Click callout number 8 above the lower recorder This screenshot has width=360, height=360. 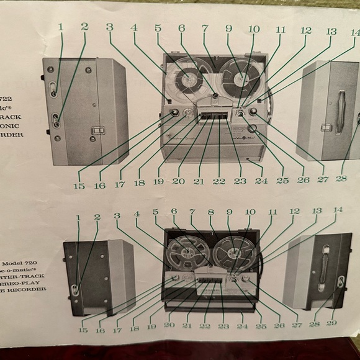tap(211, 212)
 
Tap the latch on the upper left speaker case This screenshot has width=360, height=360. tap(96, 131)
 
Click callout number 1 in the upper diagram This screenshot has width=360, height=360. tap(60, 27)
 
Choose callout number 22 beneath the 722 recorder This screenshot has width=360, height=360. tap(219, 181)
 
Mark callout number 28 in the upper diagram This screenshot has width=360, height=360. tap(341, 178)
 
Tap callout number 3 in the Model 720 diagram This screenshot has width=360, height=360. tap(117, 215)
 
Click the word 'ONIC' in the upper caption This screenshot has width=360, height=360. tap(12, 123)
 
